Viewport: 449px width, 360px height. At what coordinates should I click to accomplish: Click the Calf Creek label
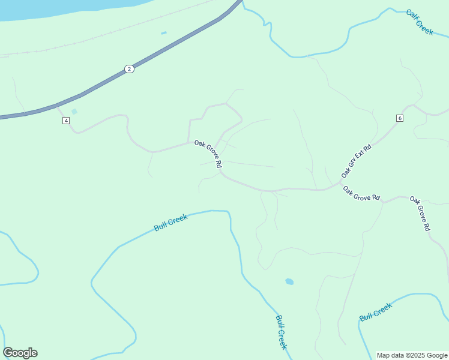[420, 22]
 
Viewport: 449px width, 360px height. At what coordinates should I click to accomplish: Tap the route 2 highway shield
[129, 69]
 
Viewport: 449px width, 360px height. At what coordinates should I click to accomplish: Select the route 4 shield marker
[66, 121]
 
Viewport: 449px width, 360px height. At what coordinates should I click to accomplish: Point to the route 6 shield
[400, 118]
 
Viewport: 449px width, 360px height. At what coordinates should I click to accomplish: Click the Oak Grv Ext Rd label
[357, 160]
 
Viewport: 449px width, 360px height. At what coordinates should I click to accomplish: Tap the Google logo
[20, 353]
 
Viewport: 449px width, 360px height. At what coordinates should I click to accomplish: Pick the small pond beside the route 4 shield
[74, 112]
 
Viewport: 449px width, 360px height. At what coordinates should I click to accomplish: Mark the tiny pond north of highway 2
[164, 33]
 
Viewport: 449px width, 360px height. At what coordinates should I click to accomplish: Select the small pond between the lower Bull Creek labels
[289, 281]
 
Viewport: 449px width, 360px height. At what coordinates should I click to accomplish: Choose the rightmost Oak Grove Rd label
[420, 213]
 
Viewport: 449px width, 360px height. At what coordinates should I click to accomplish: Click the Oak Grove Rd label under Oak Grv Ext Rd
[361, 193]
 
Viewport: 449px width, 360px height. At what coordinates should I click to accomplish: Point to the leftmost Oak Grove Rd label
[208, 154]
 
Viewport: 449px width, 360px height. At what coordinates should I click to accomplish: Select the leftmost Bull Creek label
[171, 223]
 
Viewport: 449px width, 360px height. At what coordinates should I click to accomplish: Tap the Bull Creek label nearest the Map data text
[376, 311]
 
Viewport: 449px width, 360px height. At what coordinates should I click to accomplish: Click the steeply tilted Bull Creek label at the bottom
[282, 332]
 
